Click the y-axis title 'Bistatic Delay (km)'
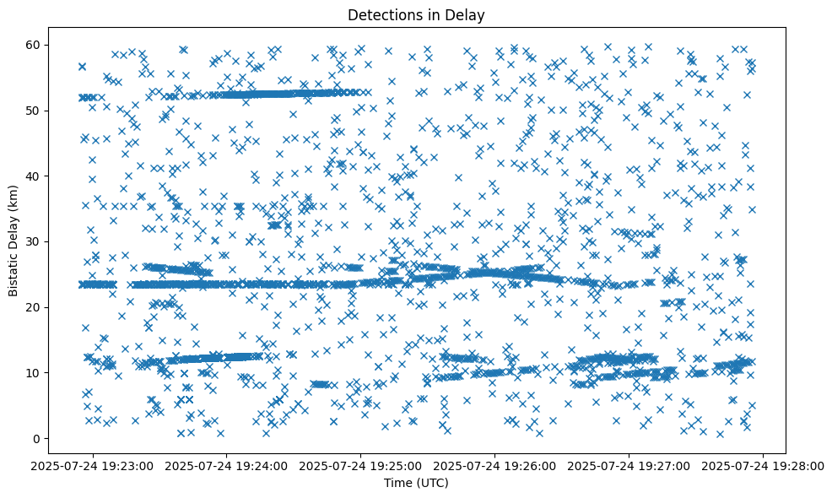14,241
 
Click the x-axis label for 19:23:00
93,465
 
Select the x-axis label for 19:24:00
227,465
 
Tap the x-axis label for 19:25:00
361,465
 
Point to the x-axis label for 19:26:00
495,465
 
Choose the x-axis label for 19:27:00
629,465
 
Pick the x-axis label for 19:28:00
764,465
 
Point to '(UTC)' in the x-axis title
434,483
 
